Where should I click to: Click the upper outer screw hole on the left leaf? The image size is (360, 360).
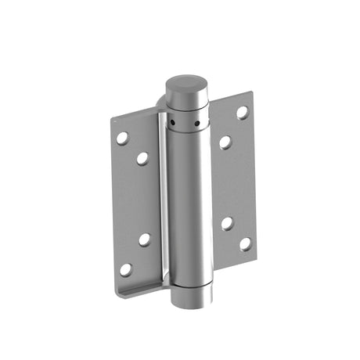point(123,138)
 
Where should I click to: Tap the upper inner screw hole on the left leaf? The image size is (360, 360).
point(142,158)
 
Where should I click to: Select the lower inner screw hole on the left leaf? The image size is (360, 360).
point(145,239)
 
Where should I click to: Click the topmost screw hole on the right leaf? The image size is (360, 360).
point(243,112)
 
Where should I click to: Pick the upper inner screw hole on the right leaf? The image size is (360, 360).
point(225,142)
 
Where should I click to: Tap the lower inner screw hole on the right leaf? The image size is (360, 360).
point(226,223)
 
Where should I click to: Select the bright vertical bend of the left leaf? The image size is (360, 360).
point(164,203)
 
